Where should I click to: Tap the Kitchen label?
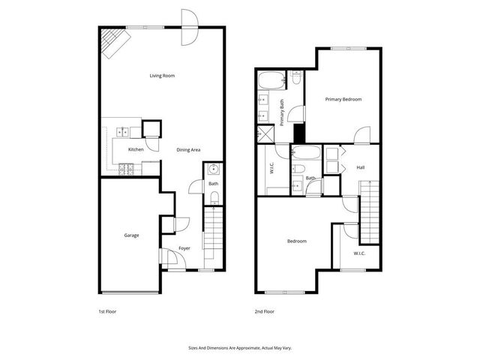[x=136, y=150]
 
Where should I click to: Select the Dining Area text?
[x=188, y=150]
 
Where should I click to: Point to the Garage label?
[x=131, y=235]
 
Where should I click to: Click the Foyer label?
[x=184, y=249]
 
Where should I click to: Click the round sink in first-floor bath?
[x=213, y=168]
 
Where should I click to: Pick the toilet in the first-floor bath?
[x=214, y=197]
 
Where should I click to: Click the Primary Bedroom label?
[x=343, y=99]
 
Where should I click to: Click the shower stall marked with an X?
[x=264, y=134]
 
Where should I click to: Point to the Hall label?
[x=361, y=167]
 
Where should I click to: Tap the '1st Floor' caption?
[x=107, y=311]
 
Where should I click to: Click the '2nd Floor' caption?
[x=265, y=311]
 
